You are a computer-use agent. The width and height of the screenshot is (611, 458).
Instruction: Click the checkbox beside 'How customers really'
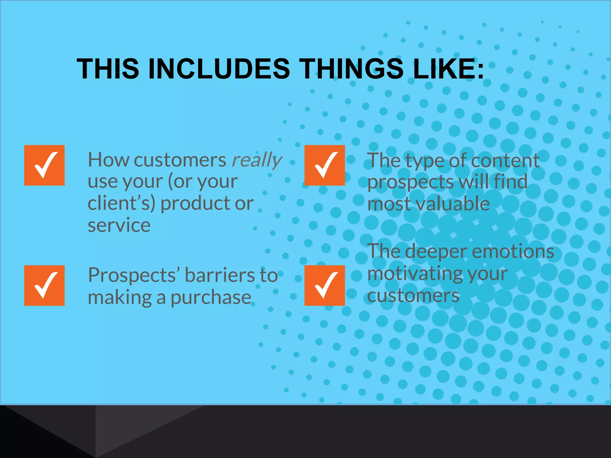(x=44, y=165)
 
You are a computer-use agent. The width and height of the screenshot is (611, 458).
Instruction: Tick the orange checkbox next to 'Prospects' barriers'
(x=44, y=285)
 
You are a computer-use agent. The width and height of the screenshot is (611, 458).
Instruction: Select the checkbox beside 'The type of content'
(x=325, y=165)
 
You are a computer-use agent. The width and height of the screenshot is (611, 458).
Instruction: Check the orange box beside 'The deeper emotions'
(x=325, y=285)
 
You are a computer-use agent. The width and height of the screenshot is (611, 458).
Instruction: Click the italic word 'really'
(x=257, y=160)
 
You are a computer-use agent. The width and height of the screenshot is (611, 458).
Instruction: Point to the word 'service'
(x=119, y=225)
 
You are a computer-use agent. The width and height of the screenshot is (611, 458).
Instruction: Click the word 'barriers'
(x=220, y=275)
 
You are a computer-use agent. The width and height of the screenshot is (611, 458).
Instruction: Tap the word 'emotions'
(x=513, y=251)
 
